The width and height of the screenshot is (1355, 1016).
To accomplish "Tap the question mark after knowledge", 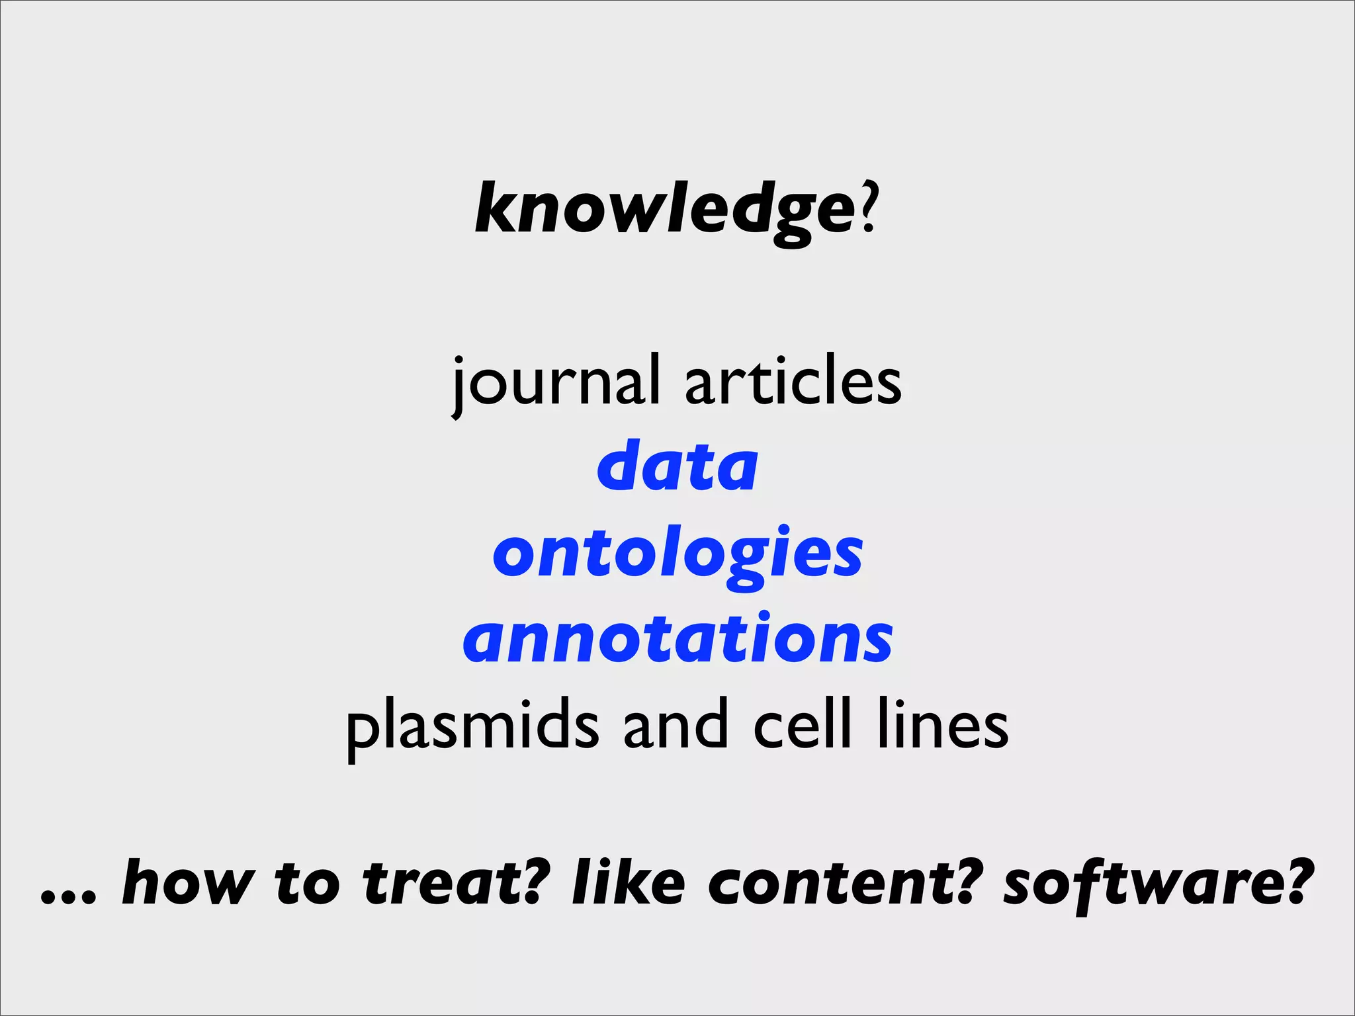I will tap(868, 209).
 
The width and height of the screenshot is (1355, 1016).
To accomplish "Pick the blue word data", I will tap(677, 467).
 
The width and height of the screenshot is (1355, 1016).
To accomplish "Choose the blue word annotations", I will tap(677, 639).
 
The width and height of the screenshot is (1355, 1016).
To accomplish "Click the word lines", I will tap(943, 725).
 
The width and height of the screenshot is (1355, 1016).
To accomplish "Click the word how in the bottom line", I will tap(187, 882).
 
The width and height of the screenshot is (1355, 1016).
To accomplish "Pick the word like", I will tap(628, 882).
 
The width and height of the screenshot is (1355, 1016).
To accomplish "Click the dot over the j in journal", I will tap(463, 362).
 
